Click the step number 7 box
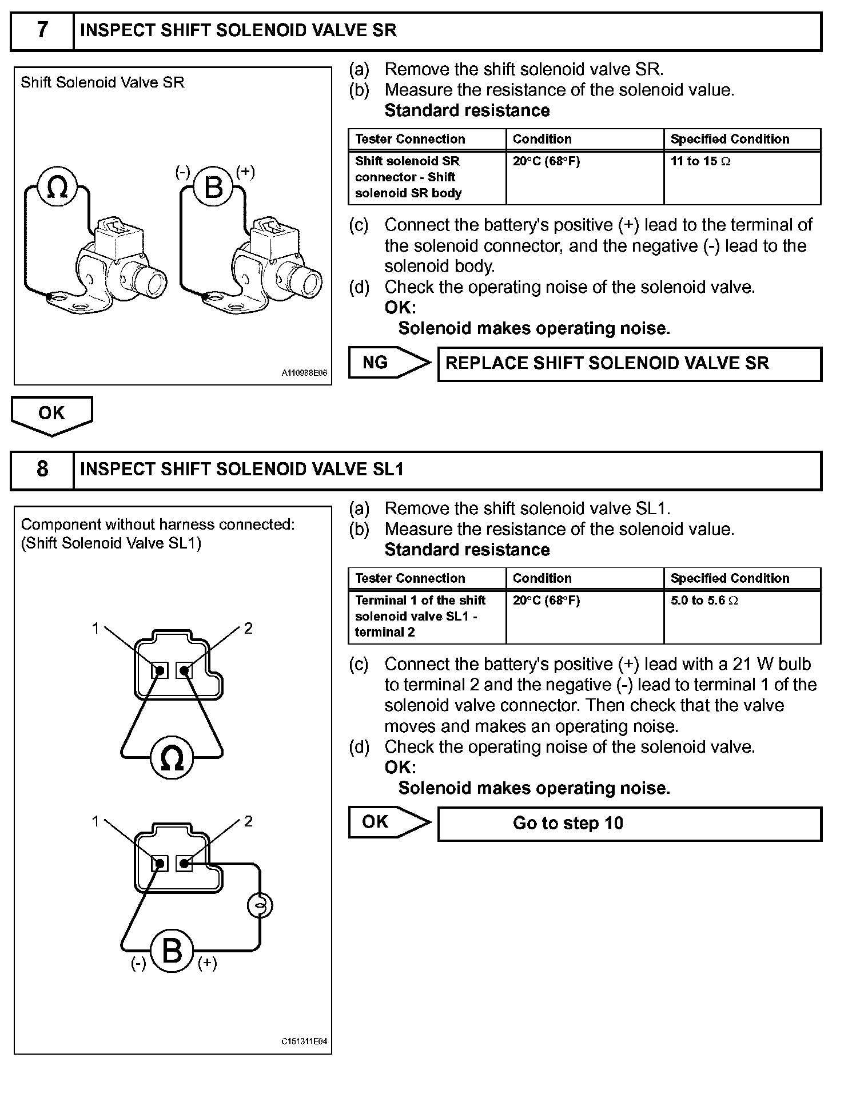tap(42, 30)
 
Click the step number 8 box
tap(42, 470)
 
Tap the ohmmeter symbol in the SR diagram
tap(56, 186)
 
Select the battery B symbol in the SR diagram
tap(213, 187)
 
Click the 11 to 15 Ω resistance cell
tap(742, 177)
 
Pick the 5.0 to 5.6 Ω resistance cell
tap(742, 617)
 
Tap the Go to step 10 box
tap(629, 823)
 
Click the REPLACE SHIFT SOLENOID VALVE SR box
tap(629, 364)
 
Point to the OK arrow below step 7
tap(51, 414)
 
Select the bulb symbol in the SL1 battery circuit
tap(260, 905)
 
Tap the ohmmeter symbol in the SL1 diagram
tap(172, 758)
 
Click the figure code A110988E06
tap(304, 373)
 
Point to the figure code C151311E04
tap(304, 1042)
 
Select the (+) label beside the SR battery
tap(245, 172)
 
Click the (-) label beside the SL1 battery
tap(138, 964)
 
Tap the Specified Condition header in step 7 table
tap(730, 139)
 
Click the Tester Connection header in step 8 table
tap(410, 578)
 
